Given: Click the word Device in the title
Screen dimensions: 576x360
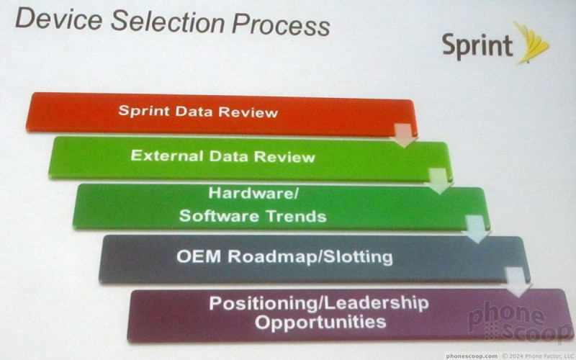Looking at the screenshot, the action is click(58, 19).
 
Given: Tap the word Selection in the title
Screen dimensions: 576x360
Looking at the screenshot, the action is click(168, 22).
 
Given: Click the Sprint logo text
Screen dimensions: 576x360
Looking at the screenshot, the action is click(477, 46).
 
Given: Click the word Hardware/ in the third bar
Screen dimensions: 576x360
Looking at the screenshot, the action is click(253, 193).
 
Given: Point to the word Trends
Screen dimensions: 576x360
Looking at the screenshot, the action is click(297, 217).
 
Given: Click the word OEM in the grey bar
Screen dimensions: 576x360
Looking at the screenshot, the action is click(199, 256).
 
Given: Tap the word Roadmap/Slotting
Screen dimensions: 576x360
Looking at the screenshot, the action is click(310, 257).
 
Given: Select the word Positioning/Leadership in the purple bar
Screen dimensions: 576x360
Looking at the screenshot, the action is click(319, 303).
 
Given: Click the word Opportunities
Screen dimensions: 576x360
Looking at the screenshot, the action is click(320, 322).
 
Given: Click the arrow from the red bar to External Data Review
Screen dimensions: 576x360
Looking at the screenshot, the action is click(404, 135).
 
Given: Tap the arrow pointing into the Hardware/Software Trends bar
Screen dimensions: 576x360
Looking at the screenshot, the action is click(439, 181).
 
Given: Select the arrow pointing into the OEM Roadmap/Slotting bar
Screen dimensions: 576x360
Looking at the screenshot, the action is click(476, 229).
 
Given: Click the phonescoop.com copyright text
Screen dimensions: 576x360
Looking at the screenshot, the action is click(510, 356).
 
